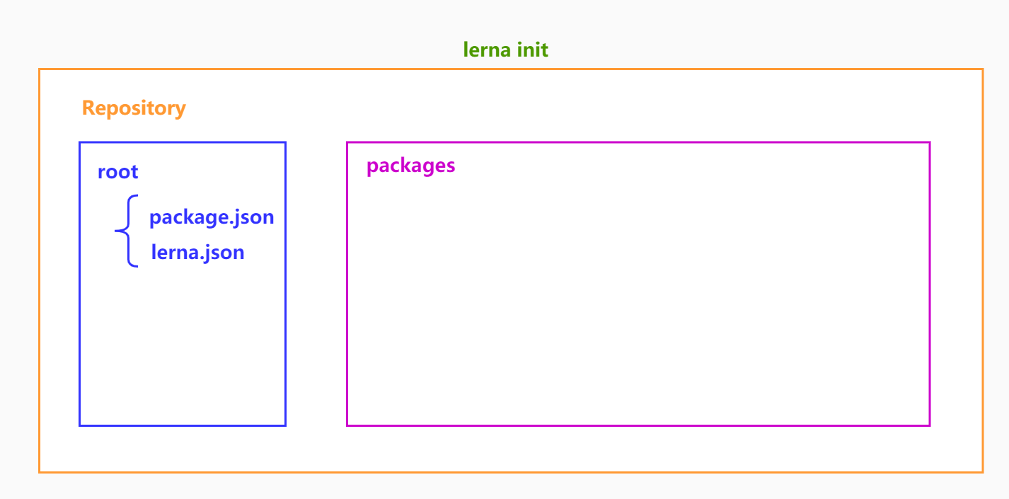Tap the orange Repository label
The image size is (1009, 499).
pyautogui.click(x=134, y=108)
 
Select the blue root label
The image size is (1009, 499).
pyautogui.click(x=117, y=172)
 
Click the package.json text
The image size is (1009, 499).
pyautogui.click(x=212, y=217)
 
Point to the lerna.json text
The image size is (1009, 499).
pyautogui.click(x=197, y=252)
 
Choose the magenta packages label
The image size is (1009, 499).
pyautogui.click(x=410, y=166)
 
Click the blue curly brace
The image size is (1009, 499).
pyautogui.click(x=126, y=231)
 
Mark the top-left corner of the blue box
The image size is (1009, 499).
pyautogui.click(x=80, y=143)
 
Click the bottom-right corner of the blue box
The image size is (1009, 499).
pyautogui.click(x=285, y=425)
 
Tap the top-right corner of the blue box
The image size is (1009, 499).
pyautogui.click(x=285, y=143)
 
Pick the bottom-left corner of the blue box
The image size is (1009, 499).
pyautogui.click(x=80, y=425)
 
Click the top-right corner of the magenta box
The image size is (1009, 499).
pyautogui.click(x=930, y=142)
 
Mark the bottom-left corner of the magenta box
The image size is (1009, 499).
pyautogui.click(x=347, y=425)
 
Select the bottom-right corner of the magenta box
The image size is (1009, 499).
pyautogui.click(x=930, y=425)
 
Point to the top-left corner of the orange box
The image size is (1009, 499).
pyautogui.click(x=40, y=69)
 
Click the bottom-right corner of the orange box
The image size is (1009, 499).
pyautogui.click(x=983, y=471)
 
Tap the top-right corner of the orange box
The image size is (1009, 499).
pyautogui.click(x=983, y=69)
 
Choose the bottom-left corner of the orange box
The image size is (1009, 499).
pyautogui.click(x=40, y=471)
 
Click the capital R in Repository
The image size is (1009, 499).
pyautogui.click(x=88, y=108)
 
